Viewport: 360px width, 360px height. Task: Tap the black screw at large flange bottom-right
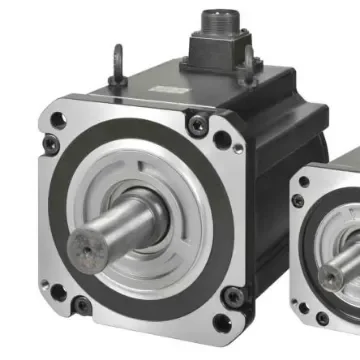pos(232,296)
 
